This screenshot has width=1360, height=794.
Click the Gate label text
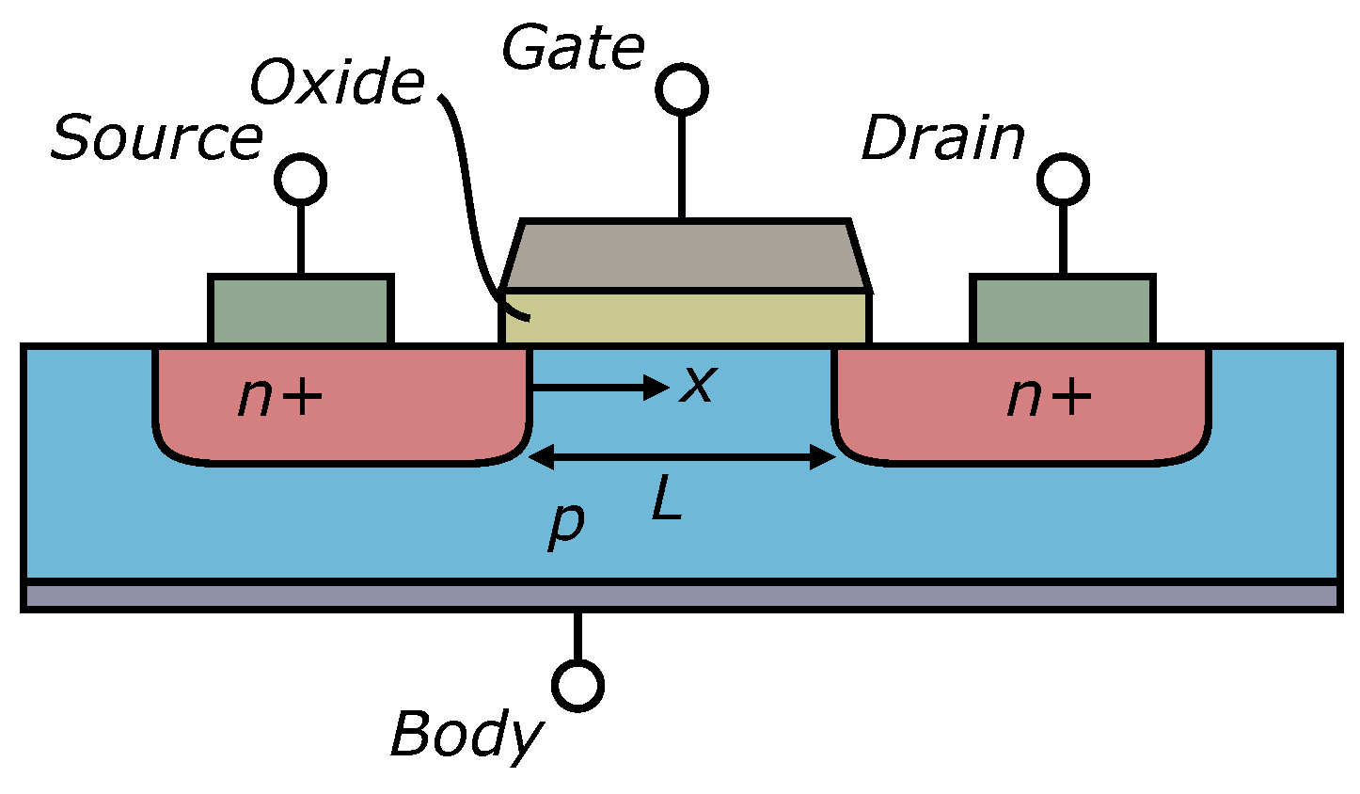point(573,49)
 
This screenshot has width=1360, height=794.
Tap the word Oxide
point(337,83)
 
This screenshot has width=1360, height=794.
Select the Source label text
point(156,138)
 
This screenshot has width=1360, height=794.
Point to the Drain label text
point(942,138)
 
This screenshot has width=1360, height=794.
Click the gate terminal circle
point(682,90)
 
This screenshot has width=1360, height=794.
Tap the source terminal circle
point(301,179)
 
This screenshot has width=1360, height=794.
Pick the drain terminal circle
point(1064,179)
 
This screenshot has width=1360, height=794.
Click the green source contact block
point(300,310)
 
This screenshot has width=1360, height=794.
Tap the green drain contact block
point(1062,310)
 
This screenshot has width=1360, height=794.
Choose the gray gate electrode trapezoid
point(685,255)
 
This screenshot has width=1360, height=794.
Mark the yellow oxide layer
point(685,317)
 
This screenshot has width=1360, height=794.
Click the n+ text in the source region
point(279,397)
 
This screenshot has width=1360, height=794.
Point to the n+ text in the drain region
point(1049,397)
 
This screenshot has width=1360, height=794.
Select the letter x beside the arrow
point(698,384)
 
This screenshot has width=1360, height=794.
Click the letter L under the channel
point(667,503)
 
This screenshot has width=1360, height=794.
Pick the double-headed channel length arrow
point(683,458)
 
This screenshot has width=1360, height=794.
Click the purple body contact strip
point(681,596)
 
